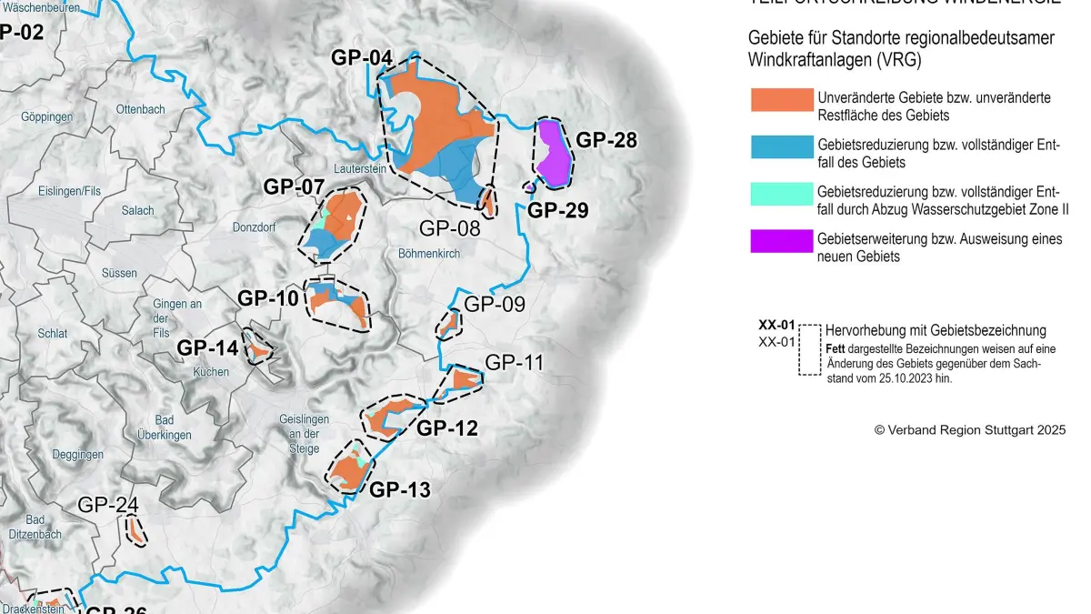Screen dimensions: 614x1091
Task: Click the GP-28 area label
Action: coord(606,140)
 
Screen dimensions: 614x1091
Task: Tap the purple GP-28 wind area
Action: coord(554,153)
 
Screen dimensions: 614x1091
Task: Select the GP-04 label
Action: coord(361,57)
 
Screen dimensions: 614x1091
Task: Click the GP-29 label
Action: coord(558,210)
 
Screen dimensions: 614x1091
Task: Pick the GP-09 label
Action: coord(495,304)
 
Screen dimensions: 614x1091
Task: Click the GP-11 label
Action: coord(514,362)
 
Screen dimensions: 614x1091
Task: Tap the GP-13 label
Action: coord(400,489)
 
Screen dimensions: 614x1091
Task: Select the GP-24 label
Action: coord(108,505)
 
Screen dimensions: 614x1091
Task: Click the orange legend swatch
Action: coord(781,100)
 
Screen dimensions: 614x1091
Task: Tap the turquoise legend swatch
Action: coord(781,194)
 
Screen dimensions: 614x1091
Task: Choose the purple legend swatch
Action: coord(781,241)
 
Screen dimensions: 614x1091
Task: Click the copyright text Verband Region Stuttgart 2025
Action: coord(969,429)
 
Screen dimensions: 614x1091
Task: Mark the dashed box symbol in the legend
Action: coord(809,349)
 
